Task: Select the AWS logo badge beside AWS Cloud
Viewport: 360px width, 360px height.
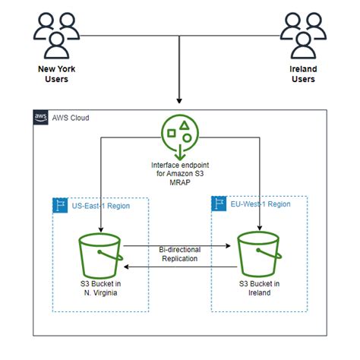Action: (x=40, y=117)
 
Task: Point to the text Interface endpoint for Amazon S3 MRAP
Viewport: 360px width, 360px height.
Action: (x=180, y=172)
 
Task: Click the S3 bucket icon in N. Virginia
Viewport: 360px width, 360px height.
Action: (x=100, y=255)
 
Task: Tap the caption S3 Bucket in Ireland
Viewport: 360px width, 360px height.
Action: (x=260, y=289)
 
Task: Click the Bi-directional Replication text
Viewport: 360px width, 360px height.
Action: (x=179, y=254)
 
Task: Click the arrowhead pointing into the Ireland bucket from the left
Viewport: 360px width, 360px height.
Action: (x=230, y=246)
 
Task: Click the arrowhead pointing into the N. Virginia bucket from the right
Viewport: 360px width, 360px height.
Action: (x=128, y=266)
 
